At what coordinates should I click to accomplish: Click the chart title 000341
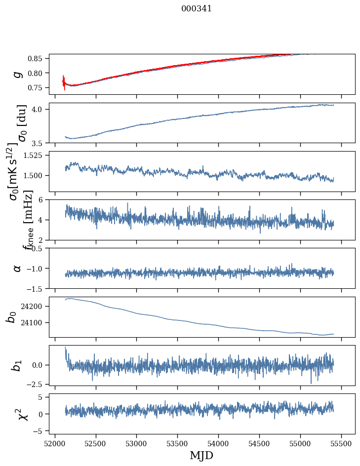197,8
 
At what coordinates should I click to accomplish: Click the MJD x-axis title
201,455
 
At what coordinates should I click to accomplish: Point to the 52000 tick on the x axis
55,443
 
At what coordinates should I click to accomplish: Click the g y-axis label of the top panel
18,74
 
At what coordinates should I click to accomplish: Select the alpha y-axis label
18,268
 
